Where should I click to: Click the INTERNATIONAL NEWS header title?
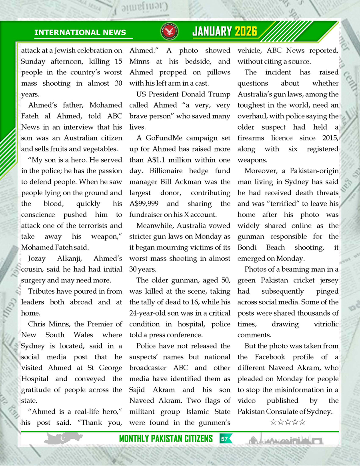coord(80,33)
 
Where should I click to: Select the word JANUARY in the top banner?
coord(212,31)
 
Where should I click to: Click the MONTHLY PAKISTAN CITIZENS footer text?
coord(166,439)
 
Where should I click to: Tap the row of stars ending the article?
coord(288,422)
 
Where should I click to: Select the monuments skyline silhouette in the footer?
coord(284,439)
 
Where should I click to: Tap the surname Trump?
coord(219,94)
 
